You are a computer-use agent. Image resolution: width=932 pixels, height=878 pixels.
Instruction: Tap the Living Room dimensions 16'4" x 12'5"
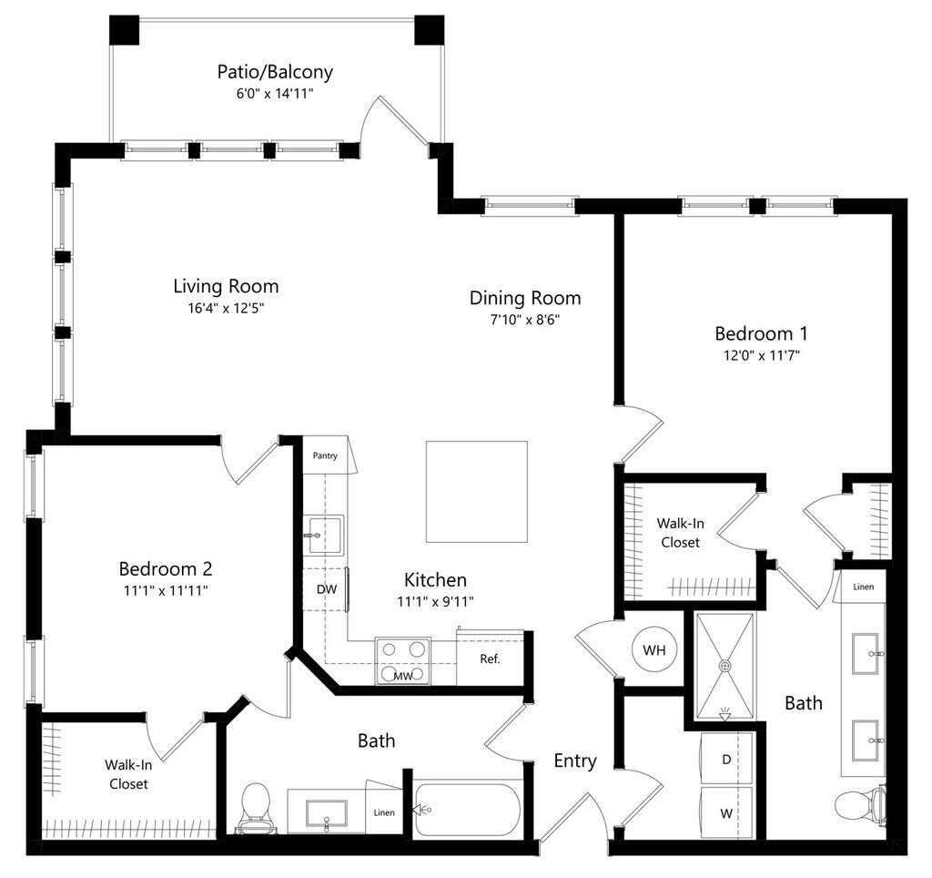[226, 308]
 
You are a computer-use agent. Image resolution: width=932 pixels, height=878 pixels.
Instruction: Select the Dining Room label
[525, 298]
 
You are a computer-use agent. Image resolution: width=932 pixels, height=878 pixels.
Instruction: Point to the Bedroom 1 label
[761, 333]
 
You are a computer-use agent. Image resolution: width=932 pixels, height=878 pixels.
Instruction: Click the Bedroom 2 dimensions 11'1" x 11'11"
[166, 590]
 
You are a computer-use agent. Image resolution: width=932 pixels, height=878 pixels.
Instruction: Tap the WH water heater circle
[653, 651]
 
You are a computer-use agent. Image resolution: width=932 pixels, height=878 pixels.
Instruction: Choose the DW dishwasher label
[327, 589]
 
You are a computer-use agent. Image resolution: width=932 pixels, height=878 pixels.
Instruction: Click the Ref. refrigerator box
[489, 658]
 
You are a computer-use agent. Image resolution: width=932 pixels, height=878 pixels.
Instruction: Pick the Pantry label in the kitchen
[325, 455]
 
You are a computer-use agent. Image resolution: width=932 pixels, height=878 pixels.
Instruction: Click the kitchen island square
[477, 491]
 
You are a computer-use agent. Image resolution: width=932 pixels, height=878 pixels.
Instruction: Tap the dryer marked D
[727, 760]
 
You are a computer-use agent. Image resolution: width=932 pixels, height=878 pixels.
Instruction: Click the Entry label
[575, 761]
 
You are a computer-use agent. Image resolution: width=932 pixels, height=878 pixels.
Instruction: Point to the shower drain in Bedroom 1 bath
[725, 667]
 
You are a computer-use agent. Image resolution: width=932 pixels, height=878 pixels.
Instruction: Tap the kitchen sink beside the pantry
[323, 534]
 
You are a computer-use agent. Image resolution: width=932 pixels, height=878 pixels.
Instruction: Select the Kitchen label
[435, 579]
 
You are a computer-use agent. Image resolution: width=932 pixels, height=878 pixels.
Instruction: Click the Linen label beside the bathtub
[384, 812]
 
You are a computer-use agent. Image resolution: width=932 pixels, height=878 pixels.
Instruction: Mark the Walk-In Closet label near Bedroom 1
[679, 533]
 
